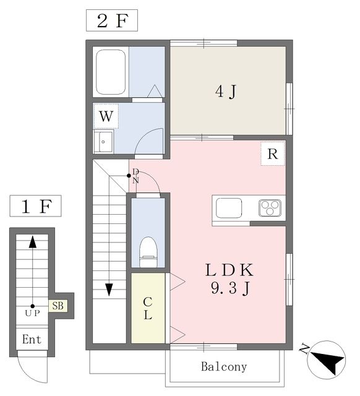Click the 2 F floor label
click(113, 20)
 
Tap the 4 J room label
click(226, 92)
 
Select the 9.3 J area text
click(231, 288)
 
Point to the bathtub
click(111, 72)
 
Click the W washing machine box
click(106, 116)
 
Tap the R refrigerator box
click(273, 153)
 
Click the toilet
click(148, 252)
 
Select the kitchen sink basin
click(229, 208)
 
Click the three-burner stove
click(270, 208)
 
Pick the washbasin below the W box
click(103, 142)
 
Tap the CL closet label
click(148, 308)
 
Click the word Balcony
click(224, 367)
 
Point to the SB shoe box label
click(58, 306)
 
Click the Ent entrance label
click(32, 339)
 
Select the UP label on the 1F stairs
click(33, 314)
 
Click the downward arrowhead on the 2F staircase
click(109, 290)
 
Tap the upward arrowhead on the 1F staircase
click(33, 242)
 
